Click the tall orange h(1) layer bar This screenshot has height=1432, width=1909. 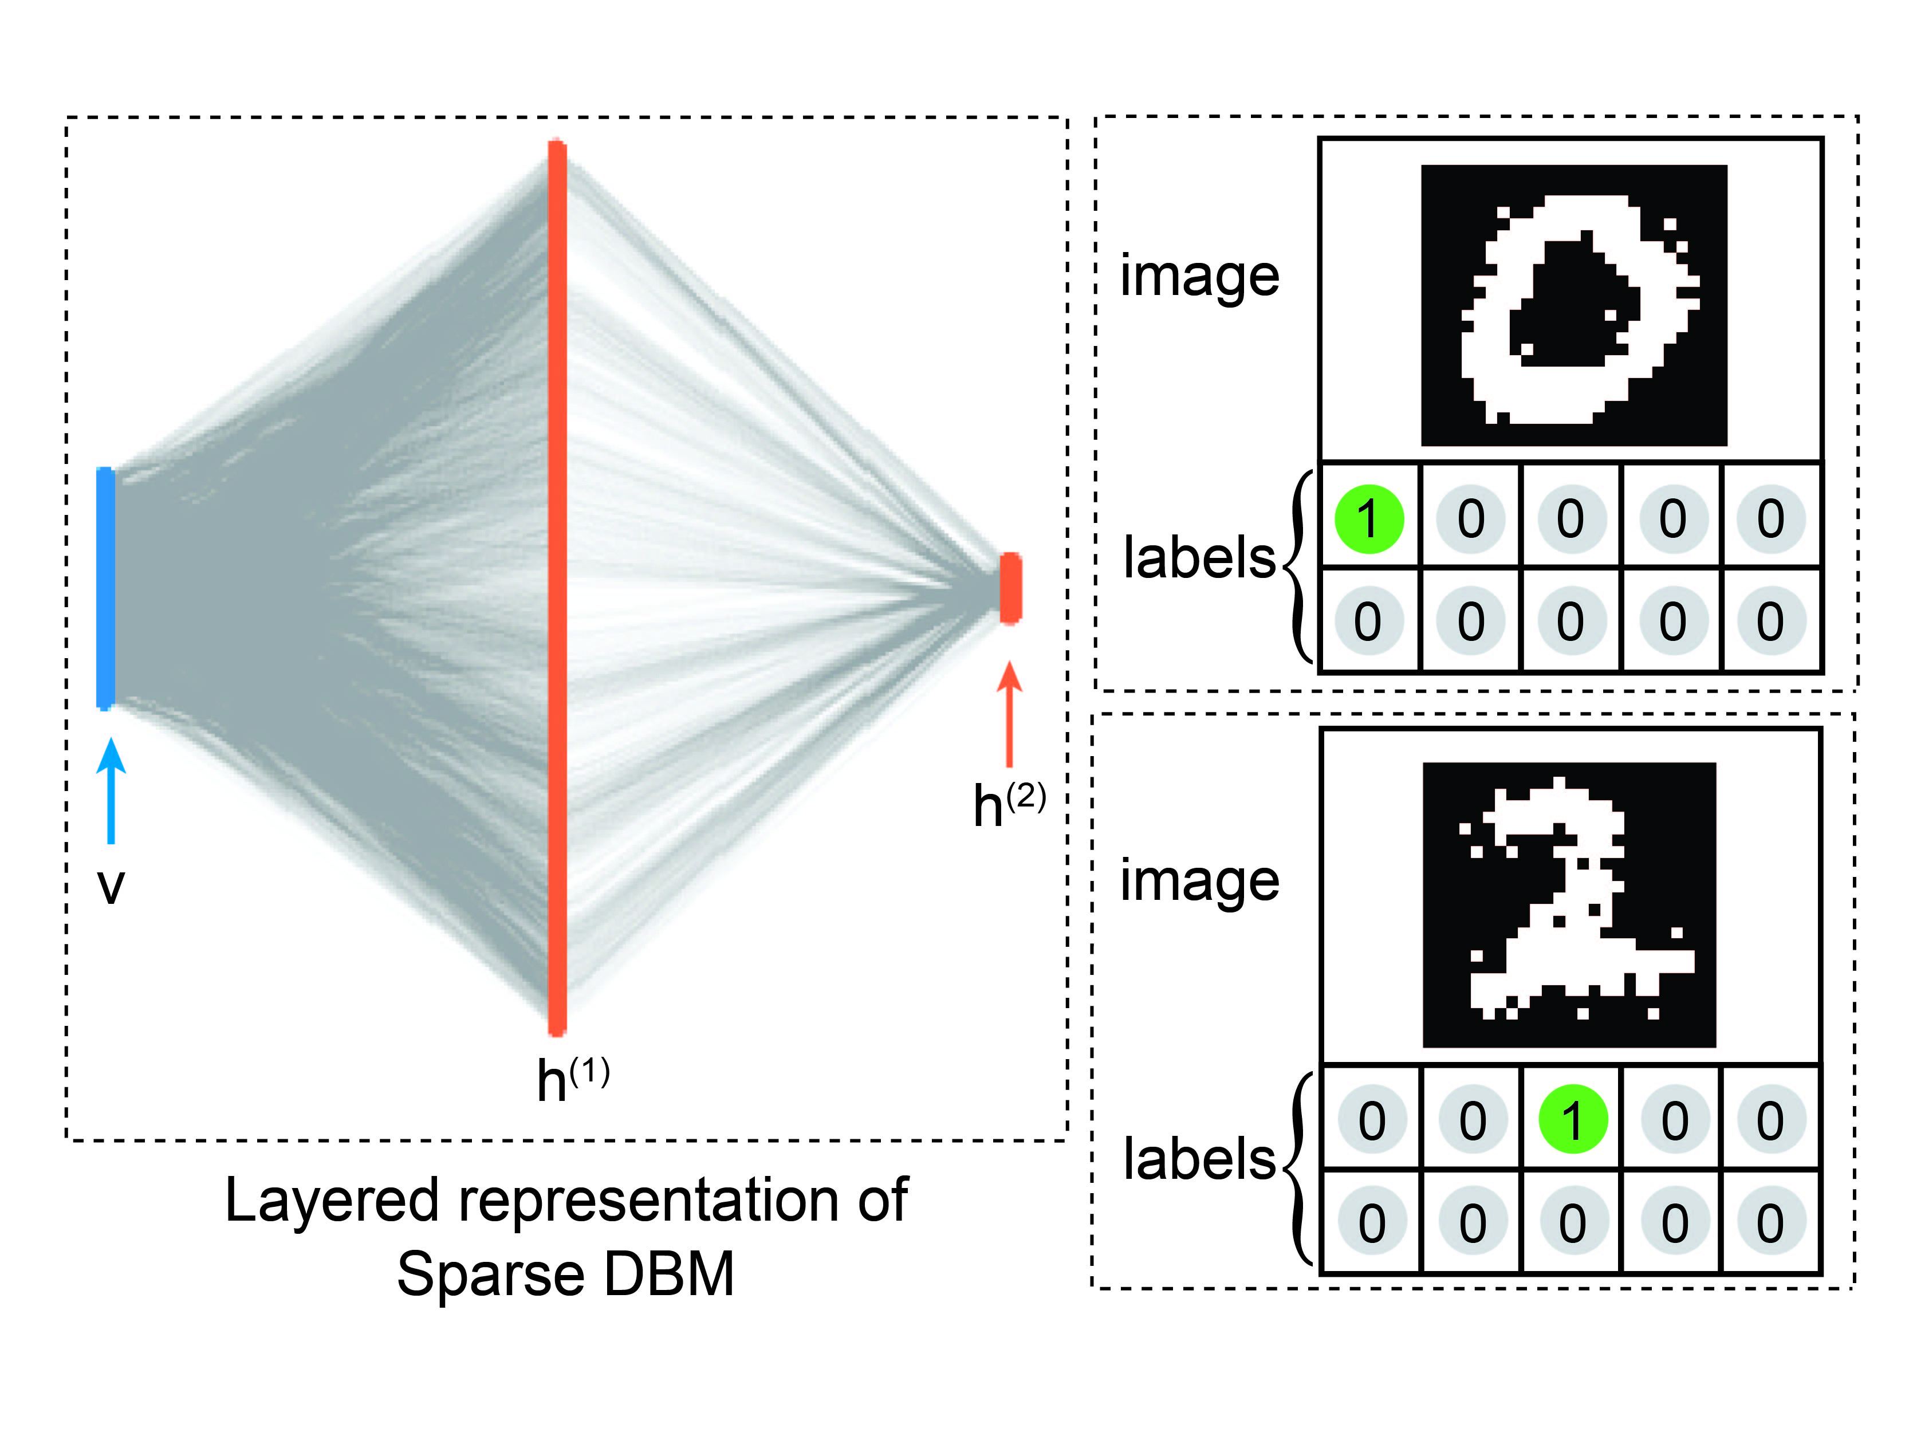(557, 587)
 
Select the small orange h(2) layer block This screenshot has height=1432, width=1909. (1010, 588)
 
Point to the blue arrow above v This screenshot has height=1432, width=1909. (111, 790)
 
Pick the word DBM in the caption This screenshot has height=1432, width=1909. (669, 1274)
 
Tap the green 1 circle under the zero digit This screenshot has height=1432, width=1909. (1369, 519)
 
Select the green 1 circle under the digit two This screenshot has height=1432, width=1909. (1572, 1120)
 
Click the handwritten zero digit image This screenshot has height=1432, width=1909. (1573, 305)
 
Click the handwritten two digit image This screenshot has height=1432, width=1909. (1569, 904)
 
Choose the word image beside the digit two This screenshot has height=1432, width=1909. (1199, 882)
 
